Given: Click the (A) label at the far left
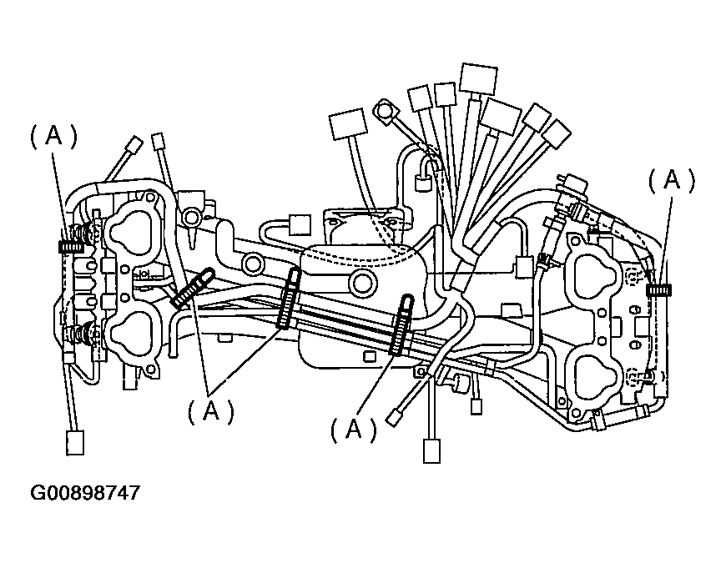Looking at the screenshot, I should point(54,138).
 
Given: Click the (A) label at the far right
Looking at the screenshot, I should point(672,180).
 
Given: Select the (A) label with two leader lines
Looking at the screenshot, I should point(209,410).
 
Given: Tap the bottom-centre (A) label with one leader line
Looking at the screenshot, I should point(354,429).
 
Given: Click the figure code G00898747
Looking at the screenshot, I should point(85,493).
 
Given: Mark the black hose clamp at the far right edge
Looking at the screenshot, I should point(660,289).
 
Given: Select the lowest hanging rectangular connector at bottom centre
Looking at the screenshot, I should point(431,450).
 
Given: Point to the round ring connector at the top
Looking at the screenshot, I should point(385,109).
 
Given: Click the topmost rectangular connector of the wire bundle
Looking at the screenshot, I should point(478,79).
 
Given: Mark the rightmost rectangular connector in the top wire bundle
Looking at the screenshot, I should point(556,134).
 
